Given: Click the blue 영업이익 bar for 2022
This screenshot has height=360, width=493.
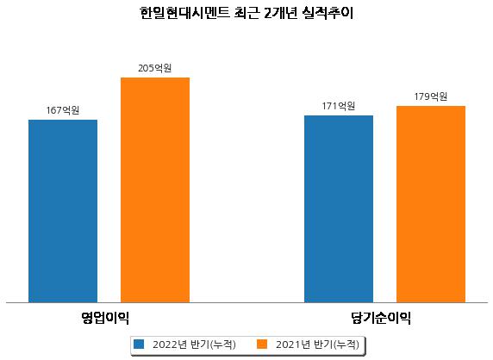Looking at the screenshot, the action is (x=63, y=211).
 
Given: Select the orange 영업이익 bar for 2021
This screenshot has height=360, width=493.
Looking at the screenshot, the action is (x=155, y=190).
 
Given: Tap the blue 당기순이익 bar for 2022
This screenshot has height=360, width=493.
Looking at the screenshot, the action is (x=339, y=209).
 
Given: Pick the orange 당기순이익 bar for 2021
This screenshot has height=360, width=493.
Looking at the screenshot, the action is (x=431, y=204).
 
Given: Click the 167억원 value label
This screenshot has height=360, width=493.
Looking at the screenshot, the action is (x=63, y=110).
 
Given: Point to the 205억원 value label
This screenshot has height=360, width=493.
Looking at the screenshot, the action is (x=155, y=68).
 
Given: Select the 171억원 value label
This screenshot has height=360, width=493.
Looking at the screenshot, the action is (x=339, y=106).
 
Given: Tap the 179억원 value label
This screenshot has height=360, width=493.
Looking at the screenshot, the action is (x=431, y=96).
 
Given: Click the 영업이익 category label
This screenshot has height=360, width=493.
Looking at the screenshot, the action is (x=105, y=318).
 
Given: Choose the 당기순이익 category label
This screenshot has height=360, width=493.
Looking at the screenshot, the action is (x=381, y=318).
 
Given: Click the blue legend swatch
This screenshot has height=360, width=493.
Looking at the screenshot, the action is (x=139, y=344).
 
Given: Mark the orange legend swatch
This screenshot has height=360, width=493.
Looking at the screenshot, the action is (x=262, y=344).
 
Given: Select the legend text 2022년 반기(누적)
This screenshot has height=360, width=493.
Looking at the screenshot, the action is (x=194, y=344).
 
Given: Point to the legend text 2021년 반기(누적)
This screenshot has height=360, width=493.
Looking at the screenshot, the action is (x=317, y=344).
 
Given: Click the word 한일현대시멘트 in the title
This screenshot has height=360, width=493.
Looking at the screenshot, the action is (x=184, y=13).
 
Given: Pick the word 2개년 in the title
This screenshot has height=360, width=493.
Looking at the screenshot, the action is (x=281, y=13).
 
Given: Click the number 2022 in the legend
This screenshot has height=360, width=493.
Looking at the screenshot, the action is (x=165, y=344).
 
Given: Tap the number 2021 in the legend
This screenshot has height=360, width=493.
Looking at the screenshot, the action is (x=288, y=344).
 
